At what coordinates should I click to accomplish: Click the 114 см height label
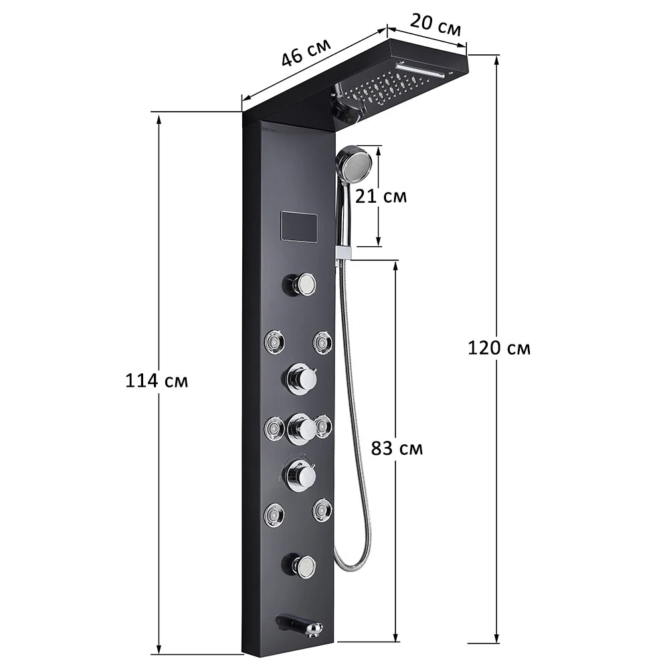(157, 381)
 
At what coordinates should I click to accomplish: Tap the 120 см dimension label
(498, 348)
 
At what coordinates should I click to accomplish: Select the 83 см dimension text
(397, 448)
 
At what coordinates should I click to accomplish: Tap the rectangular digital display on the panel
(299, 227)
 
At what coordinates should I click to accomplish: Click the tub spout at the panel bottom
(301, 626)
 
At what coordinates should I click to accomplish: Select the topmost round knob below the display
(302, 284)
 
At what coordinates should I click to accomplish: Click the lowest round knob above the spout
(302, 566)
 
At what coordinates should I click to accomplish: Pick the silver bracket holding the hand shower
(344, 252)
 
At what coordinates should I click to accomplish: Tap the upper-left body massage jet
(274, 343)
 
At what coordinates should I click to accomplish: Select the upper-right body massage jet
(322, 342)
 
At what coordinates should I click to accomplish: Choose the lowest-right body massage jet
(322, 510)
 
